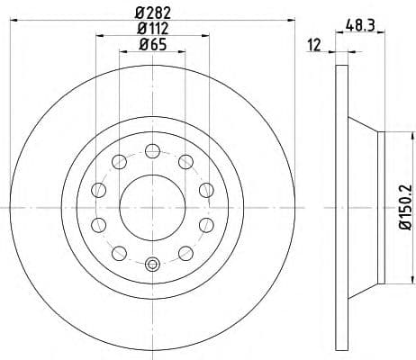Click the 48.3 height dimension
tap(359, 27)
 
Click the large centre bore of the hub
tap(151, 206)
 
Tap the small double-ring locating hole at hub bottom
tap(151, 264)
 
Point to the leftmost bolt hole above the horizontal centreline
tap(97, 190)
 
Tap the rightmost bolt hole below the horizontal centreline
tap(205, 223)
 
